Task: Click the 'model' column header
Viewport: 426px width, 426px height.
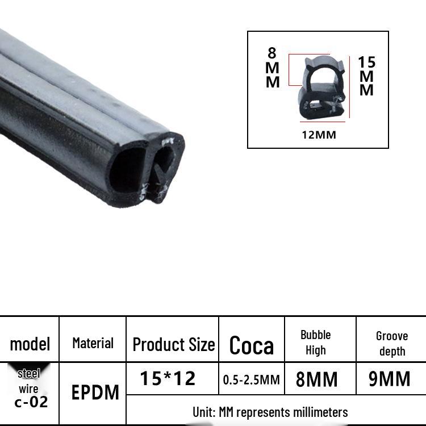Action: point(30,344)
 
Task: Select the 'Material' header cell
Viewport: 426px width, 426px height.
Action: point(93,343)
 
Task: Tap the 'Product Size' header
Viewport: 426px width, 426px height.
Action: point(174,345)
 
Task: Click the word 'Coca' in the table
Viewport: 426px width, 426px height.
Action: point(251,345)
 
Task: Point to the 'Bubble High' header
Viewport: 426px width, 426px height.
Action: point(316,343)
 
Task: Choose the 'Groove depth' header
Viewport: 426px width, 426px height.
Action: point(392,344)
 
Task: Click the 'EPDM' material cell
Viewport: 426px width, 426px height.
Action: point(95,392)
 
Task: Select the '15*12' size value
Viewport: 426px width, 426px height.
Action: point(168,378)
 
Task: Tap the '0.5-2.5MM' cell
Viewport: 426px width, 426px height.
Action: point(251,379)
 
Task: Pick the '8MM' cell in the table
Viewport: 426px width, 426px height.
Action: point(316,379)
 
